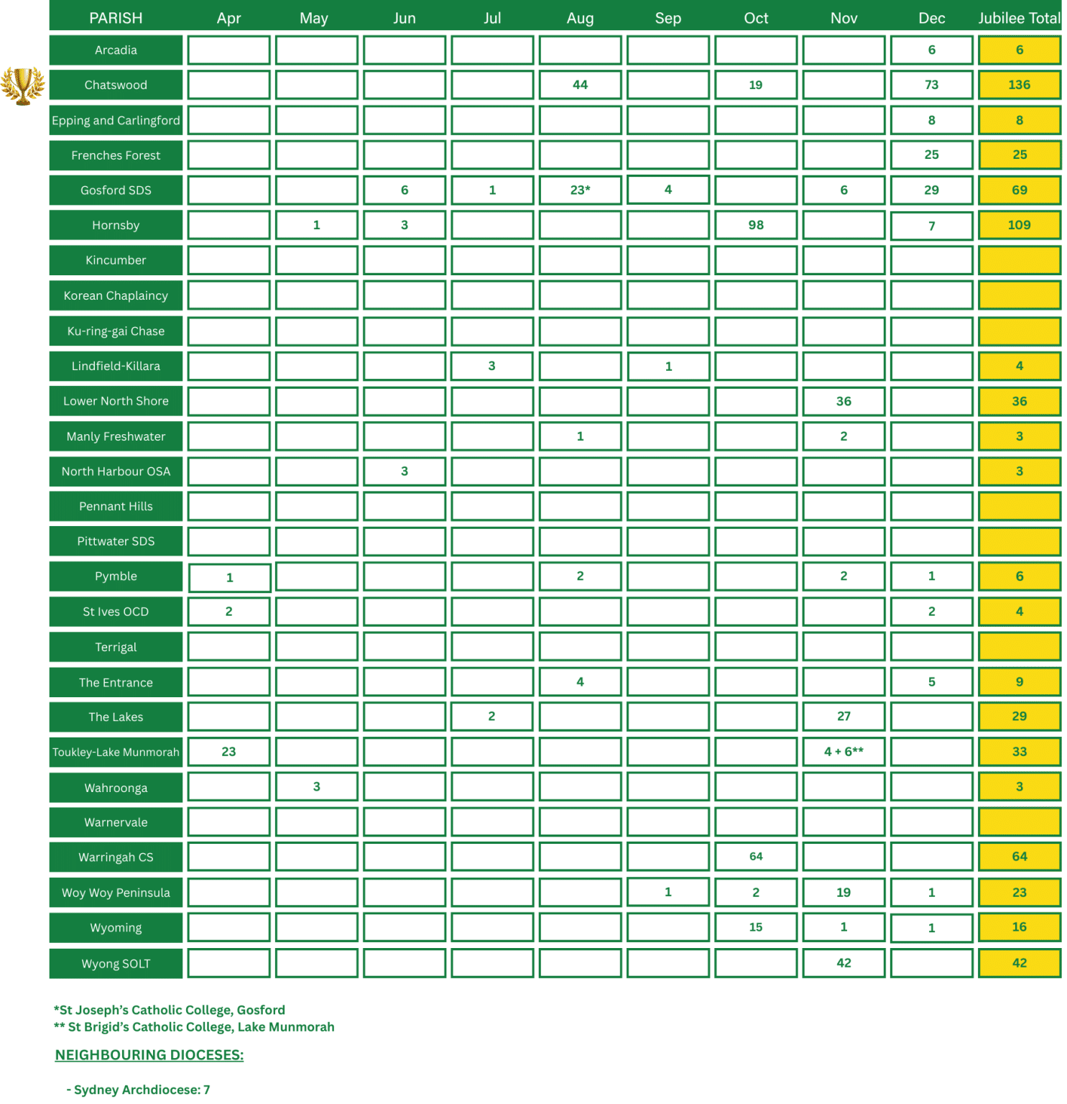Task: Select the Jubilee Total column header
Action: pos(1019,18)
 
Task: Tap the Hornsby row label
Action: pos(116,225)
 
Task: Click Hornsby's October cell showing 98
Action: pos(756,225)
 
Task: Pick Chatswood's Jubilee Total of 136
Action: pos(1019,85)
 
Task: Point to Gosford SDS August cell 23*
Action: pos(580,190)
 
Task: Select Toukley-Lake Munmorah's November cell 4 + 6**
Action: pos(844,752)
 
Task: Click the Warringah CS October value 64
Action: pos(756,857)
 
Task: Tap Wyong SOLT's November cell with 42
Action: pos(844,963)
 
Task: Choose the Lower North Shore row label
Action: pos(116,401)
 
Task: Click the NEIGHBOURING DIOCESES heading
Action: pos(149,1055)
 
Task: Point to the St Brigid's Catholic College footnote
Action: pos(194,1027)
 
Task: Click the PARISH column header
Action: pos(116,18)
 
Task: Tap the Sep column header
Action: pos(668,18)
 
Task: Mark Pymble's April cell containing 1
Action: pos(229,577)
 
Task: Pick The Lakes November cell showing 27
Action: pos(844,717)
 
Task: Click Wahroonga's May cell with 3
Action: pos(316,787)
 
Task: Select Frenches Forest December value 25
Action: pos(931,155)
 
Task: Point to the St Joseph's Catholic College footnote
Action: pos(170,1010)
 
